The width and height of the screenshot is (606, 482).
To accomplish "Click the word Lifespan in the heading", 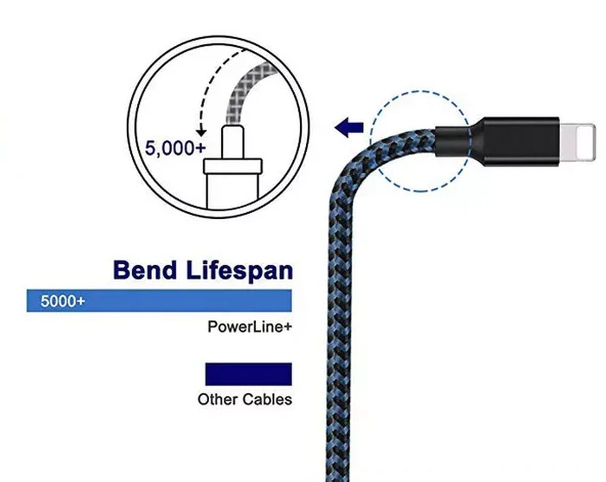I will pyautogui.click(x=239, y=271).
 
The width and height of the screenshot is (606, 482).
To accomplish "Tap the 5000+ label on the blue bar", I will pyautogui.click(x=63, y=301).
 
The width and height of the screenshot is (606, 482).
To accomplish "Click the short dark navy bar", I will pyautogui.click(x=248, y=374).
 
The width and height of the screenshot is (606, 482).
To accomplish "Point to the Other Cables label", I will pyautogui.click(x=244, y=399).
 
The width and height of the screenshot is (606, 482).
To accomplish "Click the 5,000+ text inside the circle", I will pyautogui.click(x=175, y=148).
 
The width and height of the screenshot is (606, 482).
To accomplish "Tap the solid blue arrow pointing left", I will pyautogui.click(x=349, y=127).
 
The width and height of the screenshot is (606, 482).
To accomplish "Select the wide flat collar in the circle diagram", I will pyautogui.click(x=233, y=166).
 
